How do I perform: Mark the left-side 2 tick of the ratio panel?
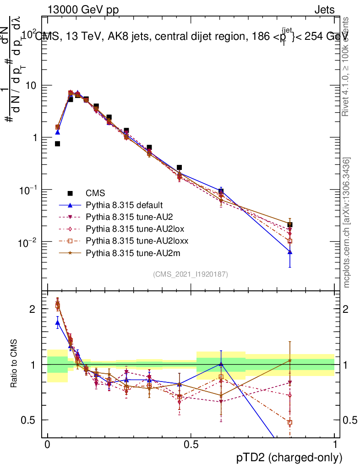coord(33,309)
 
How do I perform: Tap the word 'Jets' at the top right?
coord(324,10)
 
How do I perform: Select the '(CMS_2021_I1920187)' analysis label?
coord(191,274)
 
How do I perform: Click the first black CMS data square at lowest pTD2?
coord(58,144)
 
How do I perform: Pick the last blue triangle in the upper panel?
coord(289,252)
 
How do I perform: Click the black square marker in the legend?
coord(71,193)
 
